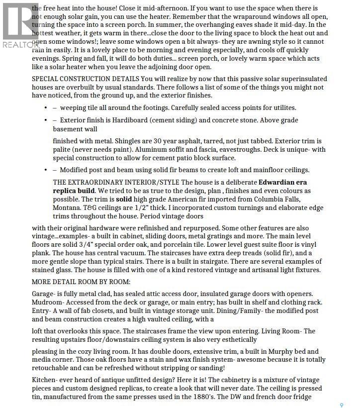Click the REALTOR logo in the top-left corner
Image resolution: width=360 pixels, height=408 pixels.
click(20, 25)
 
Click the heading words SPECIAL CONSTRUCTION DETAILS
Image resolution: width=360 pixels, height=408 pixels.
click(85, 79)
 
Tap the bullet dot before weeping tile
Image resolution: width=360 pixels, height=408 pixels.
click(46, 107)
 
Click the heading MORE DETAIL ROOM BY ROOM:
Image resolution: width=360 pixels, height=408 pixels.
click(81, 282)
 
